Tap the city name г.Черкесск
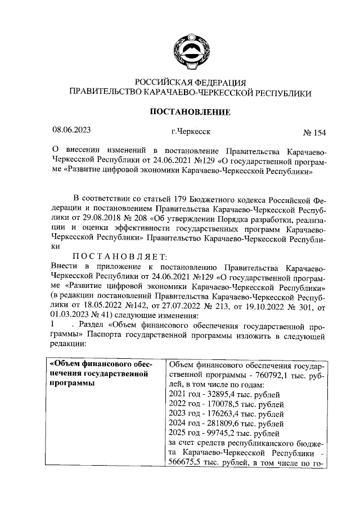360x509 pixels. tap(191, 132)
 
